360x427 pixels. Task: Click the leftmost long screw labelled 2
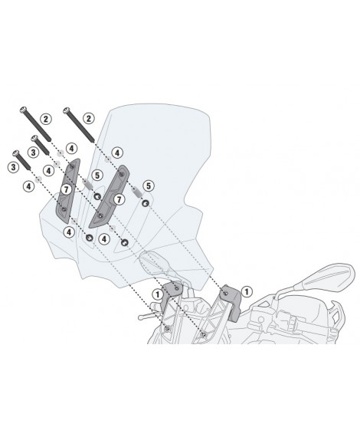pos(36,124)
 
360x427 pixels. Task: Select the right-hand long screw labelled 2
pos(79,125)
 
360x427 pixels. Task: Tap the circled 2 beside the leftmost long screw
pos(46,119)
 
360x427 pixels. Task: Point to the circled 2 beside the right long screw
pos(88,119)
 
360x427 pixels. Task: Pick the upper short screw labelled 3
pos(40,145)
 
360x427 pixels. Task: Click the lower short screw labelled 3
pos(21,160)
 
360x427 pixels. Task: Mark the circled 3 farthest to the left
pos(13,167)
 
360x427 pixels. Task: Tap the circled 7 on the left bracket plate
pos(66,189)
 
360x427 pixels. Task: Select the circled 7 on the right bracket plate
pos(119,199)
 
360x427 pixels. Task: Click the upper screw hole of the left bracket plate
pos(72,166)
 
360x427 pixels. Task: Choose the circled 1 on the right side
pos(247,292)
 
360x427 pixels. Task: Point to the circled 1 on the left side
pos(157,294)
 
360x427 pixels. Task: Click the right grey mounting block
pos(231,301)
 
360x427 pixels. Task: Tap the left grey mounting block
pos(171,294)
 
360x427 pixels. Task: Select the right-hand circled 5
pos(149,186)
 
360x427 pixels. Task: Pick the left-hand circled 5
pos(97,176)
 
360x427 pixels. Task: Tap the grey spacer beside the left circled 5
pos(87,183)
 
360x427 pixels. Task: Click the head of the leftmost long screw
pos(23,110)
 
